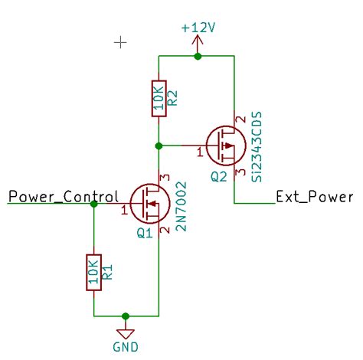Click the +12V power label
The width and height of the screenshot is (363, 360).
pyautogui.click(x=198, y=28)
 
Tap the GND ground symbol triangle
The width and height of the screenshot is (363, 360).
pyautogui.click(x=126, y=332)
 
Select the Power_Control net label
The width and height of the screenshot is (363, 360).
pyautogui.click(x=63, y=196)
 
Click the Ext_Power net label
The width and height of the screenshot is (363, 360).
pyautogui.click(x=314, y=196)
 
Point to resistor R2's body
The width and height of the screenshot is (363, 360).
pyautogui.click(x=158, y=98)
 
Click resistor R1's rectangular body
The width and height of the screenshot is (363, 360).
pyautogui.click(x=93, y=272)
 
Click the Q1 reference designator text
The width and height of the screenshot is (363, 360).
pyautogui.click(x=145, y=234)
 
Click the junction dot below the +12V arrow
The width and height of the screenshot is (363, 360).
pyautogui.click(x=198, y=56)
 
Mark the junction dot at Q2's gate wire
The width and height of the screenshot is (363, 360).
pyautogui.click(x=158, y=145)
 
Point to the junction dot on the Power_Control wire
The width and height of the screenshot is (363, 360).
pyautogui.click(x=93, y=205)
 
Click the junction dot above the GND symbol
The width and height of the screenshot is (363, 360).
pyautogui.click(x=126, y=315)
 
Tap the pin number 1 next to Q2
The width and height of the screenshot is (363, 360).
pyautogui.click(x=200, y=154)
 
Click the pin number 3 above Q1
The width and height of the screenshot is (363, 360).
pyautogui.click(x=164, y=178)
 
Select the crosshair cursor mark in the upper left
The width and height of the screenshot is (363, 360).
pyautogui.click(x=120, y=42)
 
